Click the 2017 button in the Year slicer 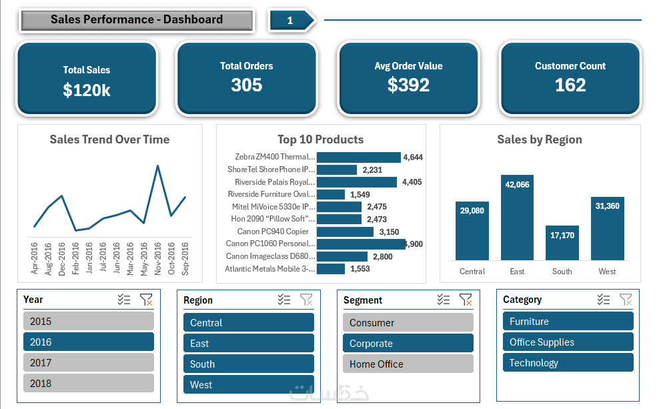click(88, 362)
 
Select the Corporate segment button click(408, 344)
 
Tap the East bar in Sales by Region click(517, 218)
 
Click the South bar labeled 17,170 click(562, 243)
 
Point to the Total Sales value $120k click(87, 91)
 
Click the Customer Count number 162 click(570, 85)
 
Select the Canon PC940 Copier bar click(345, 232)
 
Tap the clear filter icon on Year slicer click(146, 300)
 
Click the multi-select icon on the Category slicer click(604, 300)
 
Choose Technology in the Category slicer click(568, 363)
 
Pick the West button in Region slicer click(248, 384)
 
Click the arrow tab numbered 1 click(291, 21)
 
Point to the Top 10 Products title click(321, 139)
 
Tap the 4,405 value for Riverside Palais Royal click(412, 182)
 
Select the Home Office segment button click(408, 364)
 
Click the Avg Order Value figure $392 click(408, 85)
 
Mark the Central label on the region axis click(472, 272)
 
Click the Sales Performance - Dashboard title click(137, 20)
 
